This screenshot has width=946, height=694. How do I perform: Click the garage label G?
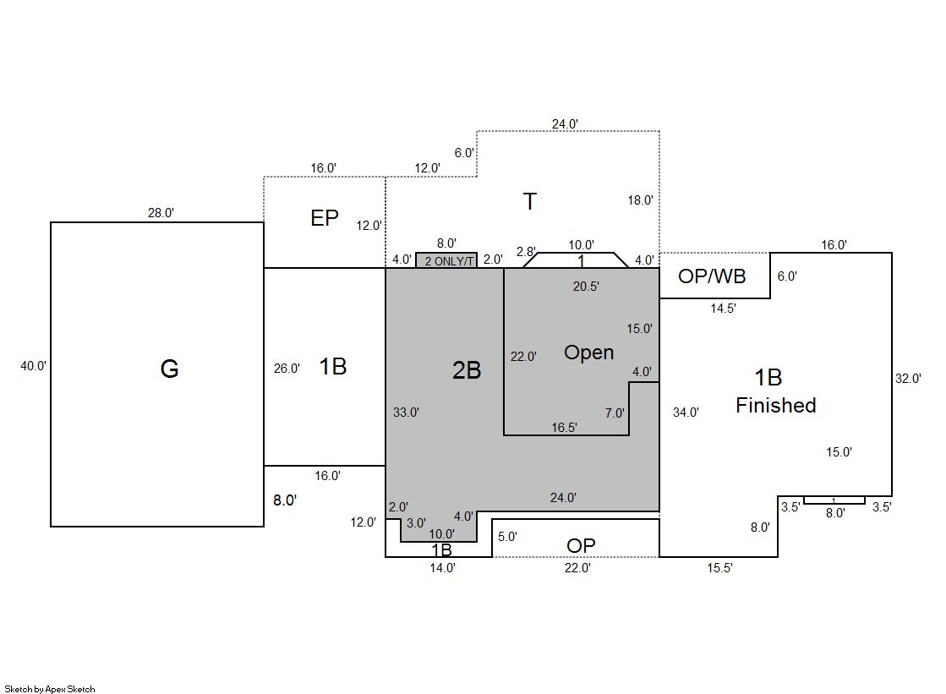pyautogui.click(x=169, y=369)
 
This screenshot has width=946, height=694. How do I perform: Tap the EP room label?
pyautogui.click(x=325, y=218)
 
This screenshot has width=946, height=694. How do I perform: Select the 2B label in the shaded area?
pyautogui.click(x=466, y=369)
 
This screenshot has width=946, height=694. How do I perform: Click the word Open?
pyautogui.click(x=588, y=352)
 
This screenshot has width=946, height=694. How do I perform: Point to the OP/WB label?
pyautogui.click(x=712, y=276)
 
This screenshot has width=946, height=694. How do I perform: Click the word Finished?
pyautogui.click(x=775, y=406)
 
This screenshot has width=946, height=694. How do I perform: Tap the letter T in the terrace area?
pyautogui.click(x=530, y=202)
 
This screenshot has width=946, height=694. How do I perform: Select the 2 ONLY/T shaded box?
pyautogui.click(x=446, y=261)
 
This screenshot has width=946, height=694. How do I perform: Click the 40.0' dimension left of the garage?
pyautogui.click(x=34, y=366)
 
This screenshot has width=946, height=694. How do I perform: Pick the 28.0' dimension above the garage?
pyautogui.click(x=161, y=213)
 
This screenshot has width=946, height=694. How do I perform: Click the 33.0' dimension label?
pyautogui.click(x=406, y=413)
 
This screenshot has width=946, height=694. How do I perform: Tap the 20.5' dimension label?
pyautogui.click(x=586, y=287)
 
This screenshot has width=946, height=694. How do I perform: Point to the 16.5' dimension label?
pyautogui.click(x=564, y=428)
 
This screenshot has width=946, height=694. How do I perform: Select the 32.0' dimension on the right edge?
pyautogui.click(x=908, y=379)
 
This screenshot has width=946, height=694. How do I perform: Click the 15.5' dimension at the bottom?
pyautogui.click(x=719, y=568)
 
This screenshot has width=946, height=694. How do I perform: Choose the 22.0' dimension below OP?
pyautogui.click(x=577, y=568)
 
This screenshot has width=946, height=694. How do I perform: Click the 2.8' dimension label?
pyautogui.click(x=526, y=252)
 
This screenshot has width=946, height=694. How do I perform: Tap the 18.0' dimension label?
pyautogui.click(x=640, y=200)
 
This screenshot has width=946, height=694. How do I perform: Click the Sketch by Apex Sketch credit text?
pyautogui.click(x=49, y=689)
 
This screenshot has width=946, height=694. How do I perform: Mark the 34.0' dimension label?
pyautogui.click(x=686, y=413)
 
